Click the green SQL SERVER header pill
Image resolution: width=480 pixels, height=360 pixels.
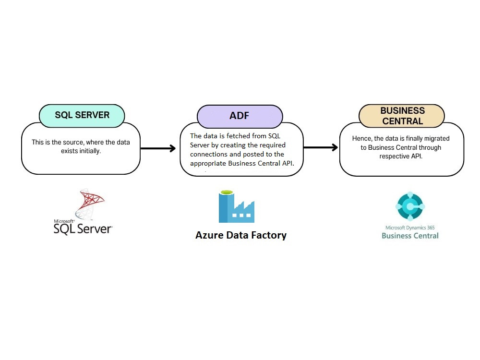pos(82,116)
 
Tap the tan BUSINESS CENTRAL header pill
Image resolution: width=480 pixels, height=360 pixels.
pos(402,116)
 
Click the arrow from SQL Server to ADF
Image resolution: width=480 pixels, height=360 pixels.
pos(158,148)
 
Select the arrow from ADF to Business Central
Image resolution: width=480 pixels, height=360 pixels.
pos(321,147)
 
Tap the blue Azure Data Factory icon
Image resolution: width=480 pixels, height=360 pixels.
pos(236,207)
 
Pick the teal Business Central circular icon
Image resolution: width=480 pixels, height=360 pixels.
pos(410,207)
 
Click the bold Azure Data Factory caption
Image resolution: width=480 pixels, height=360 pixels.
pos(240,235)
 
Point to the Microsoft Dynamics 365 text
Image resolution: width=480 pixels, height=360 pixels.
pos(410,228)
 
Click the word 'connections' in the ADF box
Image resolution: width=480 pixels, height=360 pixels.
pos(209,154)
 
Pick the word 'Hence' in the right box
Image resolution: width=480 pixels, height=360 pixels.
pos(361,139)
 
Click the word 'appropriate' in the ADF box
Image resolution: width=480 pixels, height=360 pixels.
pos(209,163)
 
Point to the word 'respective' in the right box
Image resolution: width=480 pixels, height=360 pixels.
pos(396,156)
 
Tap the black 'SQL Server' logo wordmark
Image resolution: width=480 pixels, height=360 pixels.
pos(83,228)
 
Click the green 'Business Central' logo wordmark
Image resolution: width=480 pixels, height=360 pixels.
pos(410,236)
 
